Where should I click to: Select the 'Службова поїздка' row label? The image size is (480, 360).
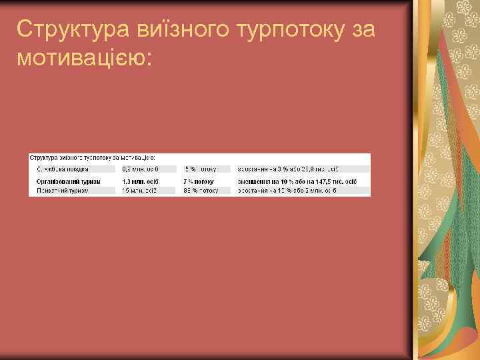coord(63,169)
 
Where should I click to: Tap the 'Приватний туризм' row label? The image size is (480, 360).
coord(61,191)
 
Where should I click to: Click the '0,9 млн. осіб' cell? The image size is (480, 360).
coord(141,169)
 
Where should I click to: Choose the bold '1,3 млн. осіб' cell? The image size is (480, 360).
coord(141,180)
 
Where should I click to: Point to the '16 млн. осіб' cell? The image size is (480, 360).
coord(139,191)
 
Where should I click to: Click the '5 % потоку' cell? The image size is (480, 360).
coord(201,169)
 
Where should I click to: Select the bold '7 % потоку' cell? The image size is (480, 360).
coord(199,180)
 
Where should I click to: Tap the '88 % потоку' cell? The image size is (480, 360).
coord(200,191)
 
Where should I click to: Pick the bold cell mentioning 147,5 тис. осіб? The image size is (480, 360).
coord(293,180)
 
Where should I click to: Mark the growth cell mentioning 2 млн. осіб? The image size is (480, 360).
coord(287,191)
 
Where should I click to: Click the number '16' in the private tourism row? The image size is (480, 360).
coord(125,191)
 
